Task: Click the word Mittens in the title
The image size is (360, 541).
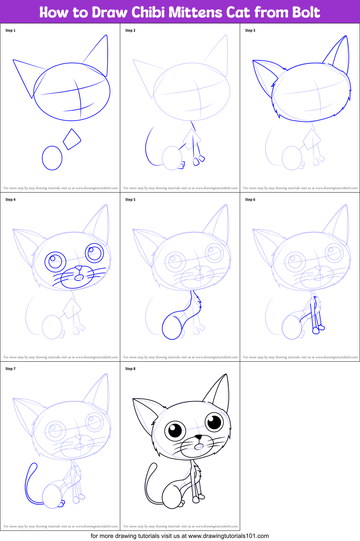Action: coord(195,12)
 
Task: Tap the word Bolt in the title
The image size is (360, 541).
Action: coord(306,12)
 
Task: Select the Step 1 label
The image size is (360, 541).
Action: coord(10,31)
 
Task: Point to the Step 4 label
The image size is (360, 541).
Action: coord(10,200)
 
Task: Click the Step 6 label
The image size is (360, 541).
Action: coord(250,200)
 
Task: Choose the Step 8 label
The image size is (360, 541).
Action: coord(130,368)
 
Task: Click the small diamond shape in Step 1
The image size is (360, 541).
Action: coord(72,139)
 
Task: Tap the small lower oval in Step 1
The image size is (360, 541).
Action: coord(52,158)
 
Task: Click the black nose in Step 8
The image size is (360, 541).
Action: coord(198,437)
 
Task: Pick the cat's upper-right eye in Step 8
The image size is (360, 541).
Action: coord(214,422)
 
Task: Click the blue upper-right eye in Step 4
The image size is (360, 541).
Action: coord(94,253)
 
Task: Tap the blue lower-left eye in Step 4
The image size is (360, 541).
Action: coord(56,262)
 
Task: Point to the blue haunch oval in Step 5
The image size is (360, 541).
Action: coord(172,328)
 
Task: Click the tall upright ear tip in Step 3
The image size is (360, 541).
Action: coord(346,36)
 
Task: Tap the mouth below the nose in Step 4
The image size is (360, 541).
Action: coord(79,278)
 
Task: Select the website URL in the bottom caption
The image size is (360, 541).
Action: coord(229,536)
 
